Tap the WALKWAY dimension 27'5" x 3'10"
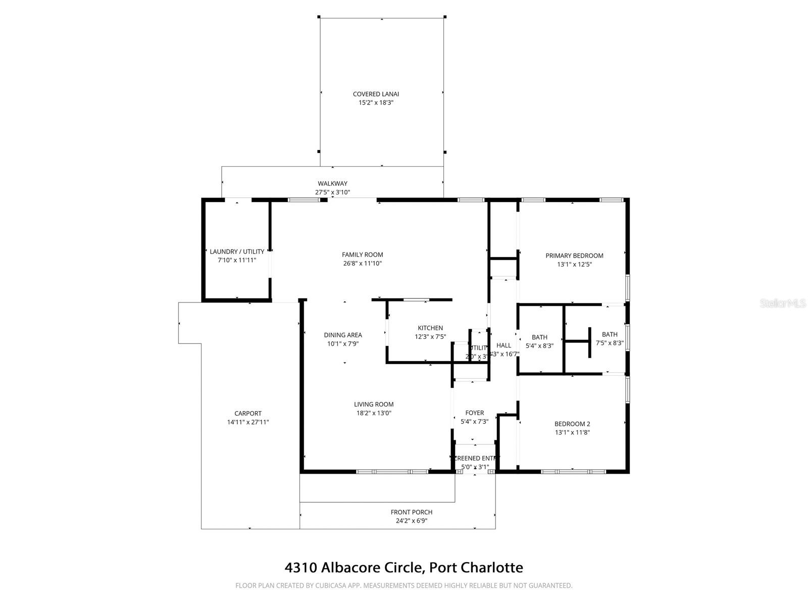(332, 192)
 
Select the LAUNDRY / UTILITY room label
(237, 251)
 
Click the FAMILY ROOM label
(362, 255)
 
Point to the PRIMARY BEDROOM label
(574, 256)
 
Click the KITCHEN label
(430, 328)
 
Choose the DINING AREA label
(343, 335)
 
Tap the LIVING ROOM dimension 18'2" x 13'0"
(374, 413)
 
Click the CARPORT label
(248, 413)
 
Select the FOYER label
(474, 413)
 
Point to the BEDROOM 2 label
(572, 424)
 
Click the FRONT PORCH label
(412, 512)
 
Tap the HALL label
(503, 345)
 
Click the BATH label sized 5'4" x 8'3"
(539, 337)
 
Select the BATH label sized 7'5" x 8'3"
(610, 334)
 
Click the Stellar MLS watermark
(783, 304)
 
